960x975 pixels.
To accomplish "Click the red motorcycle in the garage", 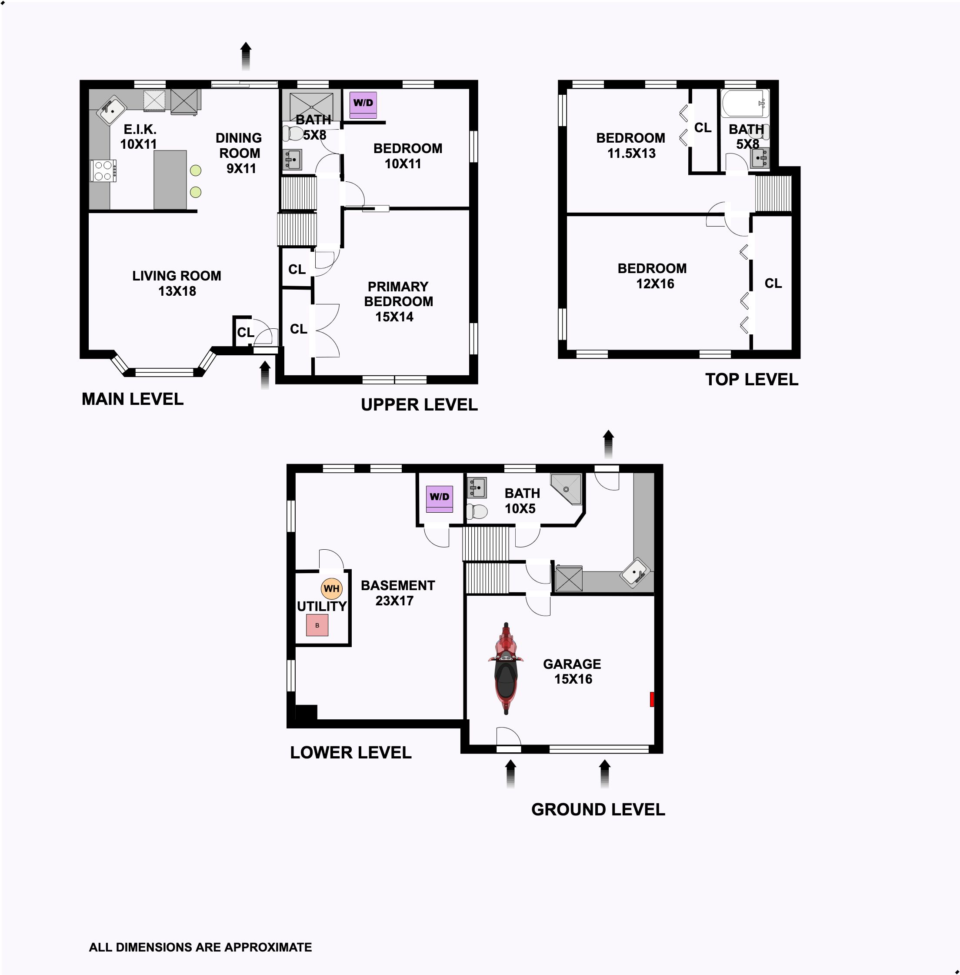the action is click(x=506, y=668).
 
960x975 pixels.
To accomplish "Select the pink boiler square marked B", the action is click(x=317, y=625).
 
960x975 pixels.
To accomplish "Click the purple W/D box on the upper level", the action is click(x=363, y=105).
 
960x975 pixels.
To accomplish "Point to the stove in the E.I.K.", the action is click(x=103, y=170).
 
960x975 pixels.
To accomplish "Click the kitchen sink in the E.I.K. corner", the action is click(x=112, y=110).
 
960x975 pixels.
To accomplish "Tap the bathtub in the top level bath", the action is click(x=745, y=104).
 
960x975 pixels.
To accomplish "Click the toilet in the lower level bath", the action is click(x=477, y=511).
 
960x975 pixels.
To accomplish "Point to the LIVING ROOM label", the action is click(x=177, y=276).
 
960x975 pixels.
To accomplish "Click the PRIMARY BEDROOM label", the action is click(x=398, y=294).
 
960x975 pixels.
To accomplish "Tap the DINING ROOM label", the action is click(x=239, y=145).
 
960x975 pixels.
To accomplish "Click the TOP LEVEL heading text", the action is click(x=752, y=379).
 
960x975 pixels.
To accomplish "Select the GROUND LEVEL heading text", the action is click(x=598, y=810).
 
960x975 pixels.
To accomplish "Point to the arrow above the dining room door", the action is click(x=246, y=56).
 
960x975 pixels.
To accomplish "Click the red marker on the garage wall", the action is click(x=652, y=699).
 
